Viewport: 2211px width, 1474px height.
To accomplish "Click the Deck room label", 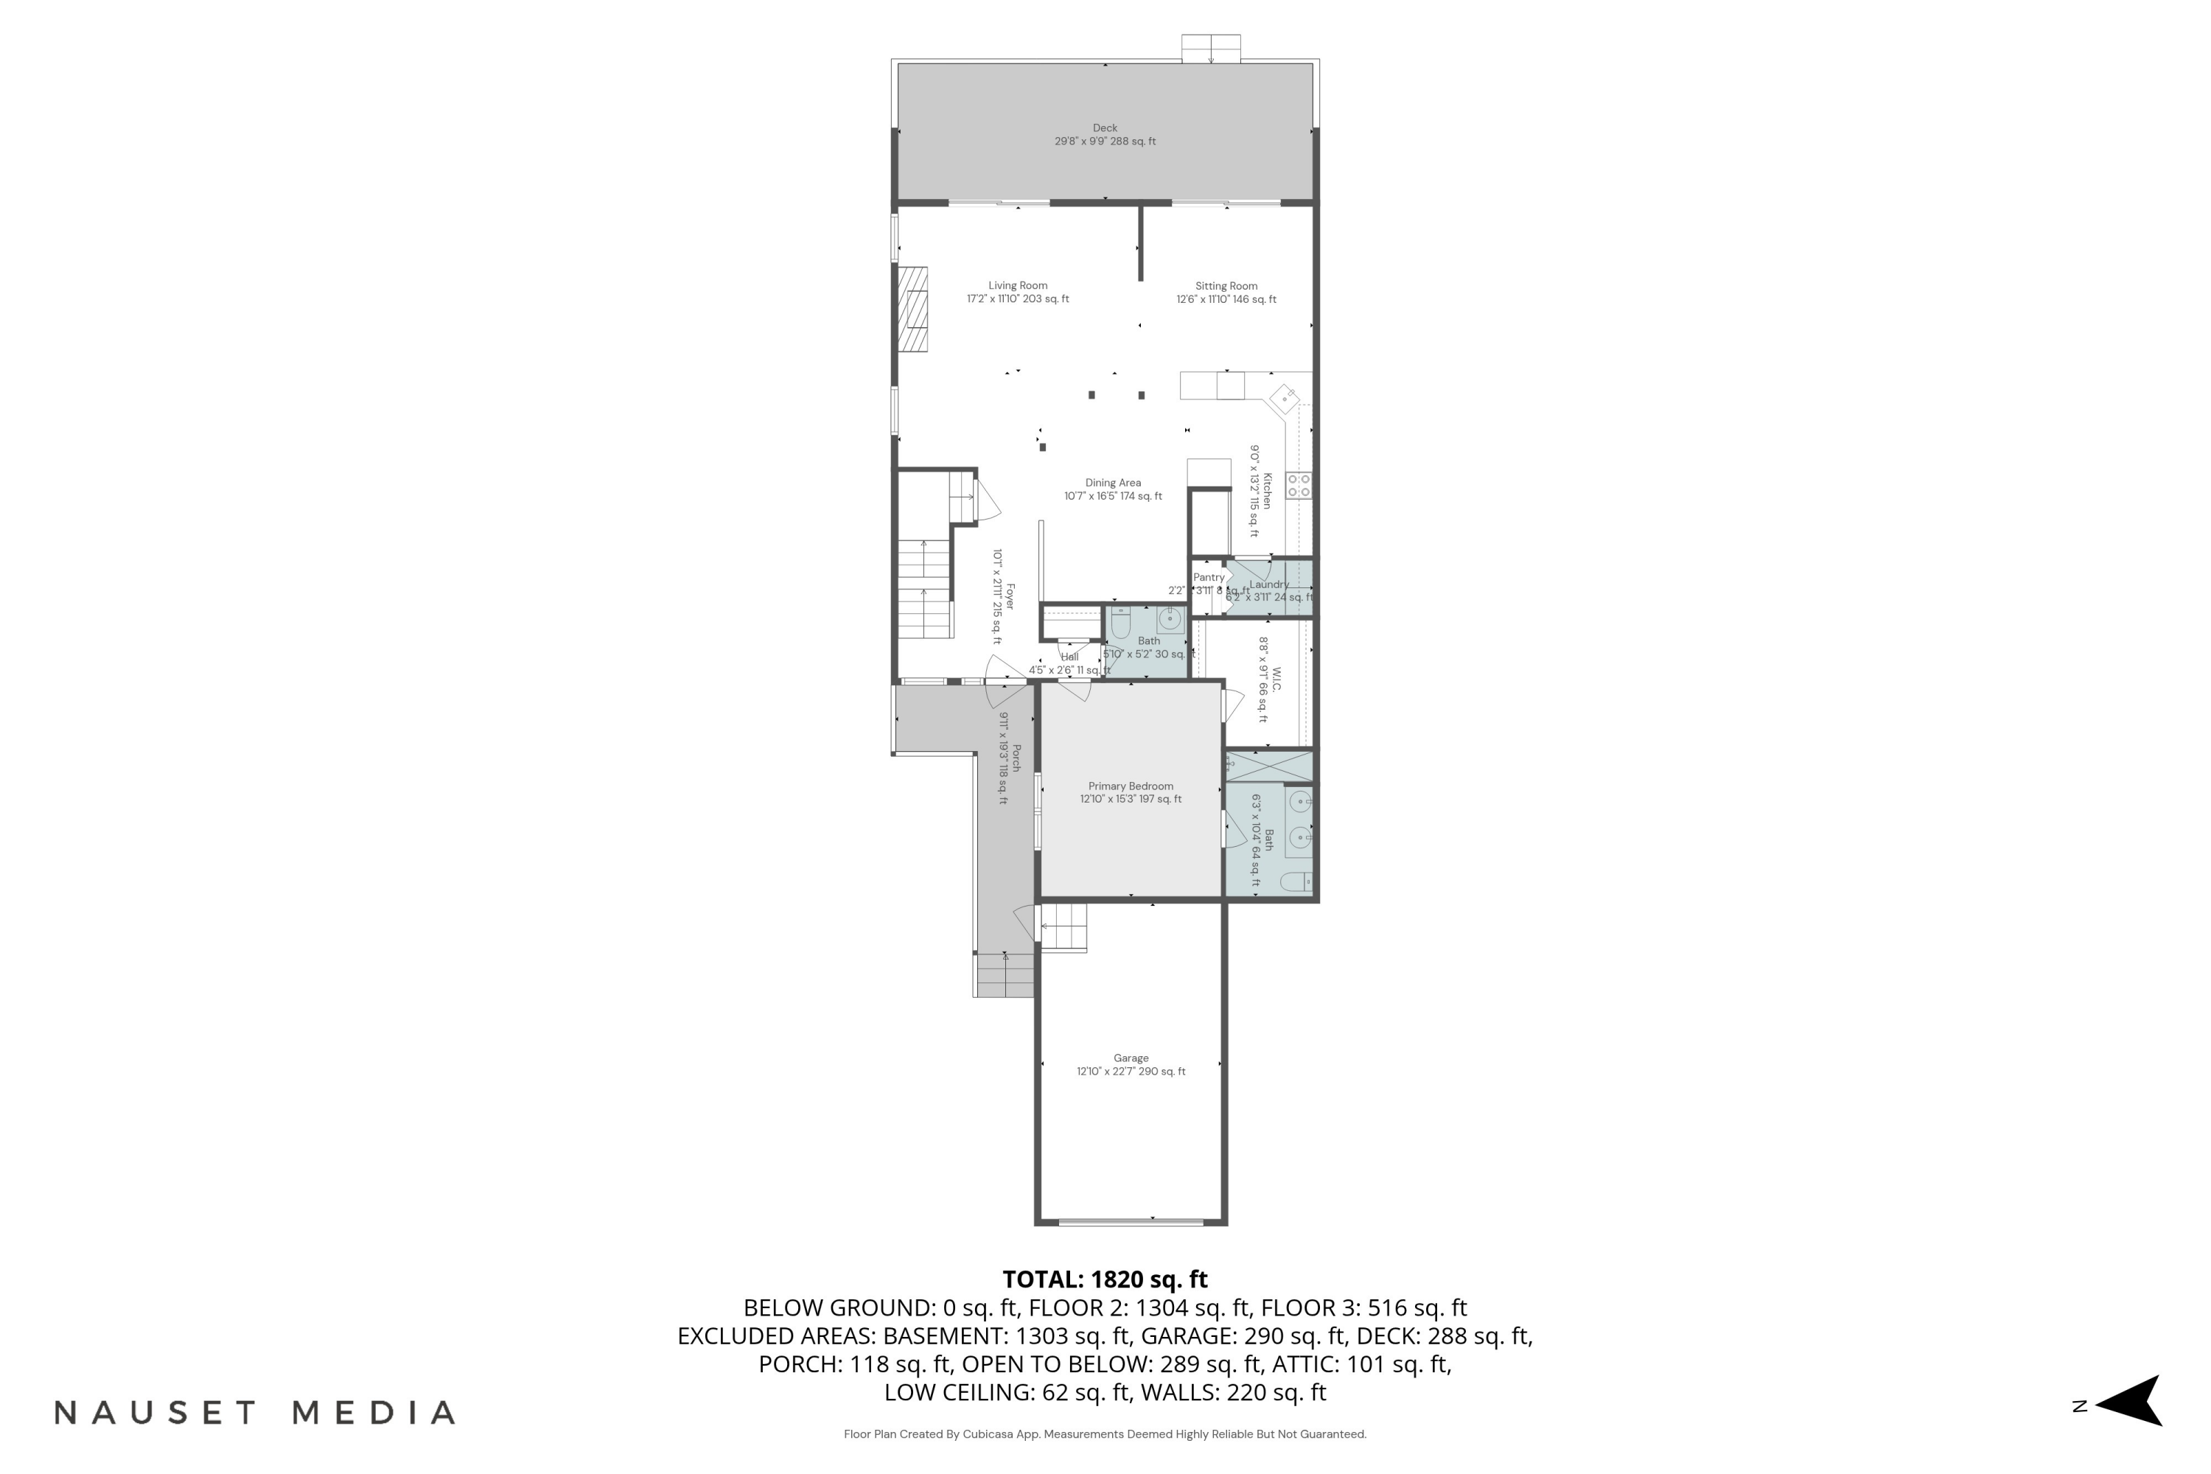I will pos(1105,128).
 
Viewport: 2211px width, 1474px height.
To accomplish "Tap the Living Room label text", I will pos(1017,286).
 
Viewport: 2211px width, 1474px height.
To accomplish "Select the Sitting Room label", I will pos(1226,287).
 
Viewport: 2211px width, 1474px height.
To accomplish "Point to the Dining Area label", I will pos(1113,483).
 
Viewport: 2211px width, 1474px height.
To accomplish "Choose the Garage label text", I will pos(1131,1058).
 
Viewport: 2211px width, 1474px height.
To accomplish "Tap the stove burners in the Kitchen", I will pos(1298,486).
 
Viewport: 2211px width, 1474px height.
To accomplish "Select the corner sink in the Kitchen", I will pos(1284,399).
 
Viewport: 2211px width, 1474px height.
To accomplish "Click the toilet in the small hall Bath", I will pos(1120,621).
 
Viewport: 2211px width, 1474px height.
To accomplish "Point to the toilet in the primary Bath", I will pos(1296,881).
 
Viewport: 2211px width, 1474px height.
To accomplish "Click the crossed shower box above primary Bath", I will pos(1269,765).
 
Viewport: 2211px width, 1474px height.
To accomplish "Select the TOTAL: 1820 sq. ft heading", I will pos(1105,1279).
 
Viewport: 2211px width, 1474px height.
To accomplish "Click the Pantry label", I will pos(1208,577).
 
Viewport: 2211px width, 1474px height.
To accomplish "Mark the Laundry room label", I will pos(1268,584).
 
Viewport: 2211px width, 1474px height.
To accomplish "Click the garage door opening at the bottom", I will pos(1131,1222).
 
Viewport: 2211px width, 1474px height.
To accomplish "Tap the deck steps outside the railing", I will pos(1211,48).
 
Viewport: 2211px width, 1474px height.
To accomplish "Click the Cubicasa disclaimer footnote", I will pos(1105,1434).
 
